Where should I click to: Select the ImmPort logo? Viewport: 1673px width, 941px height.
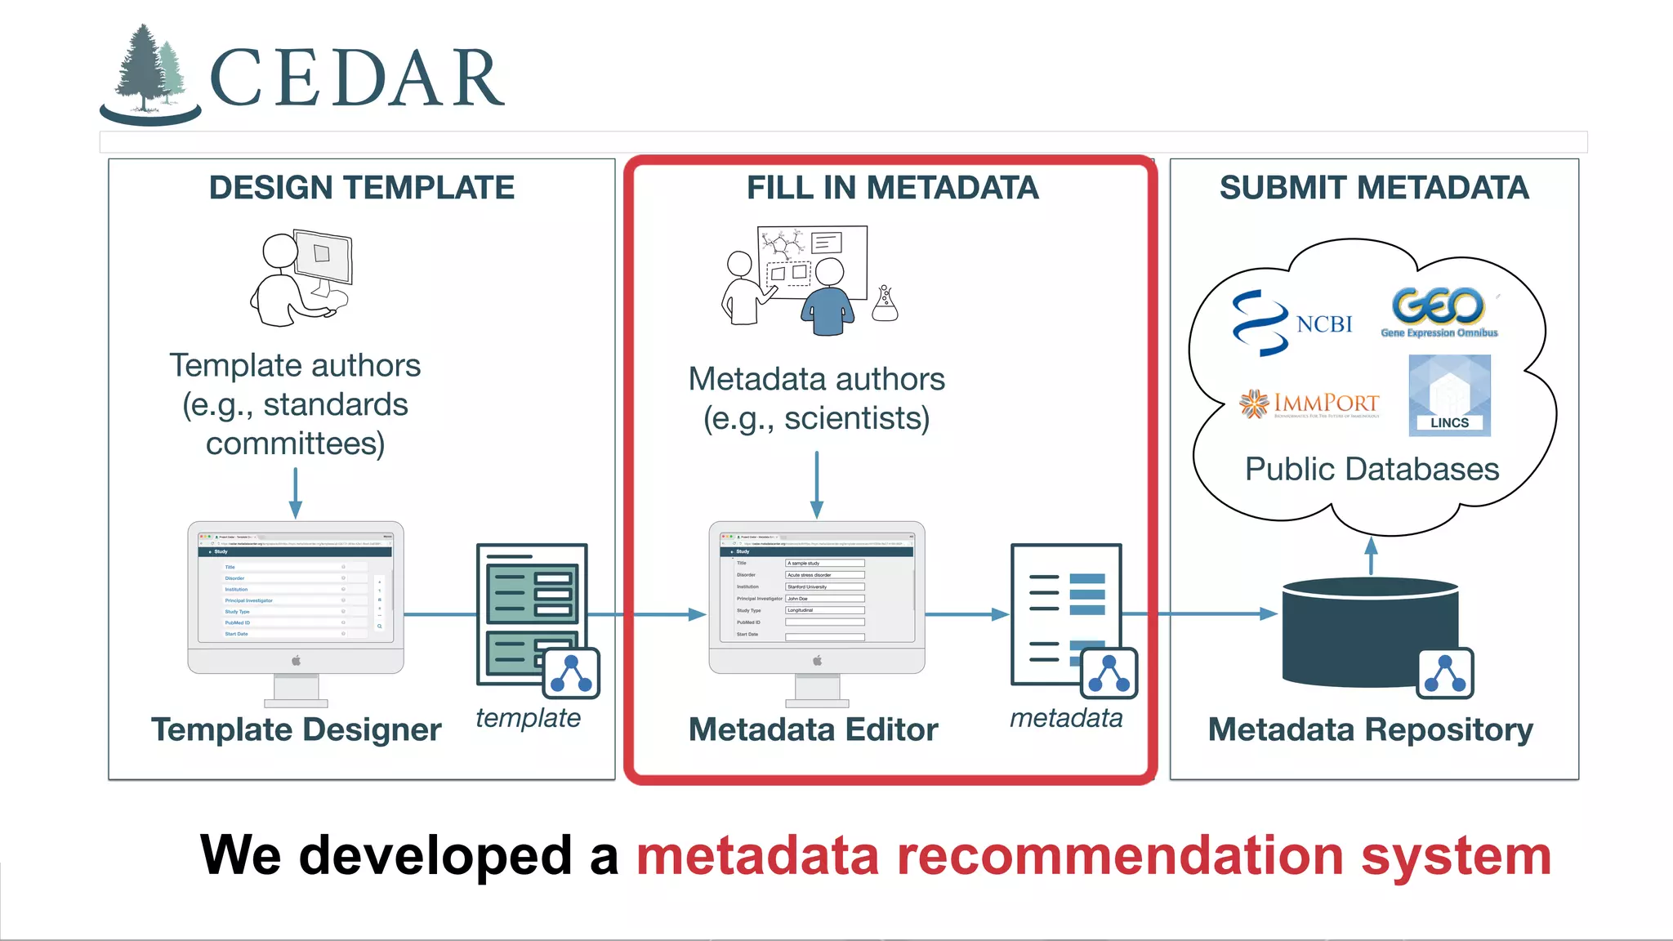1309,404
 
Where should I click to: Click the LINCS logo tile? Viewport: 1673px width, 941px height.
1449,395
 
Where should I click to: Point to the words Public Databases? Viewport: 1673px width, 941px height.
1372,470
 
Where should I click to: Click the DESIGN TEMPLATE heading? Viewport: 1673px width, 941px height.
361,188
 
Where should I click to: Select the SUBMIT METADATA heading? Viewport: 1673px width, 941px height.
1374,188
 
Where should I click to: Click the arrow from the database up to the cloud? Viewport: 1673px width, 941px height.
1372,555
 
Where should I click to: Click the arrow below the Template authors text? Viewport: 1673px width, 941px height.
296,493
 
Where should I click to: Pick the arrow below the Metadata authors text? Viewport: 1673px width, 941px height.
816,484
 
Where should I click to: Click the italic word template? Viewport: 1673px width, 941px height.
528,718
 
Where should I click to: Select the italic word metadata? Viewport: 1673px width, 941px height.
1065,718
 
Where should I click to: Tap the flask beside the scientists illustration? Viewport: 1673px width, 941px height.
885,304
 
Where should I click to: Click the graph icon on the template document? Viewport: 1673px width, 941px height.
572,673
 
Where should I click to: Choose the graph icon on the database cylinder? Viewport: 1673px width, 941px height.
1445,674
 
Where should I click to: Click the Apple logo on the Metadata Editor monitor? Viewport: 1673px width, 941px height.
817,660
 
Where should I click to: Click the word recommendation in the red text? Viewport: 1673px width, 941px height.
1120,856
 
